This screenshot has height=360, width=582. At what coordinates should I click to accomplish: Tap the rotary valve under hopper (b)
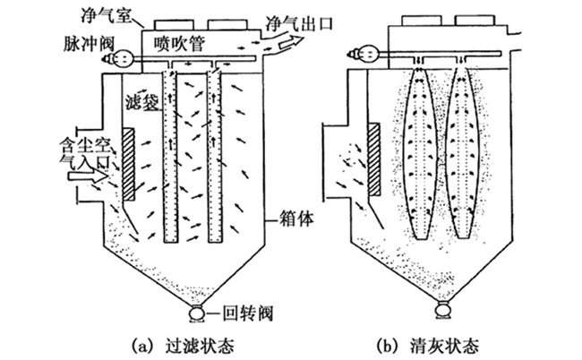point(440,311)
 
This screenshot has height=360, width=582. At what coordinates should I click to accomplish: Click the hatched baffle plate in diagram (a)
point(129,164)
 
